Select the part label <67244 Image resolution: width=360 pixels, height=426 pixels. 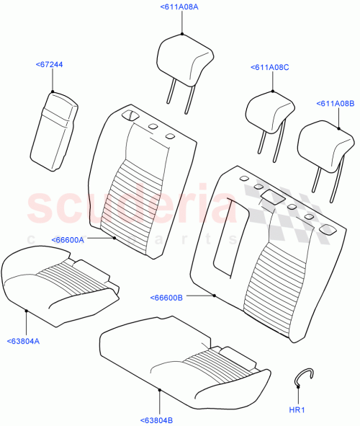(49, 65)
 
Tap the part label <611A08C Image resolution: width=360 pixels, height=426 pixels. (270, 67)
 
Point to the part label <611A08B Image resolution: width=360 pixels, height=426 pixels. (334, 104)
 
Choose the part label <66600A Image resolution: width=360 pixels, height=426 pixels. (68, 239)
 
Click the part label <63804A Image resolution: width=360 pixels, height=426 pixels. (24, 341)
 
